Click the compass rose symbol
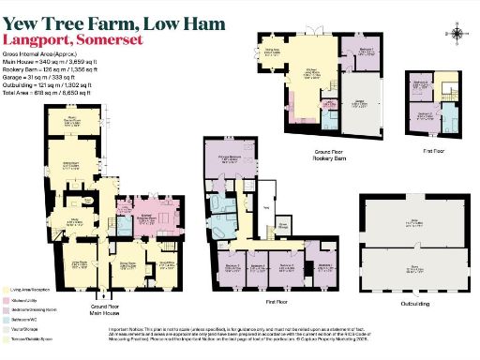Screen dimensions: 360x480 457,35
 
